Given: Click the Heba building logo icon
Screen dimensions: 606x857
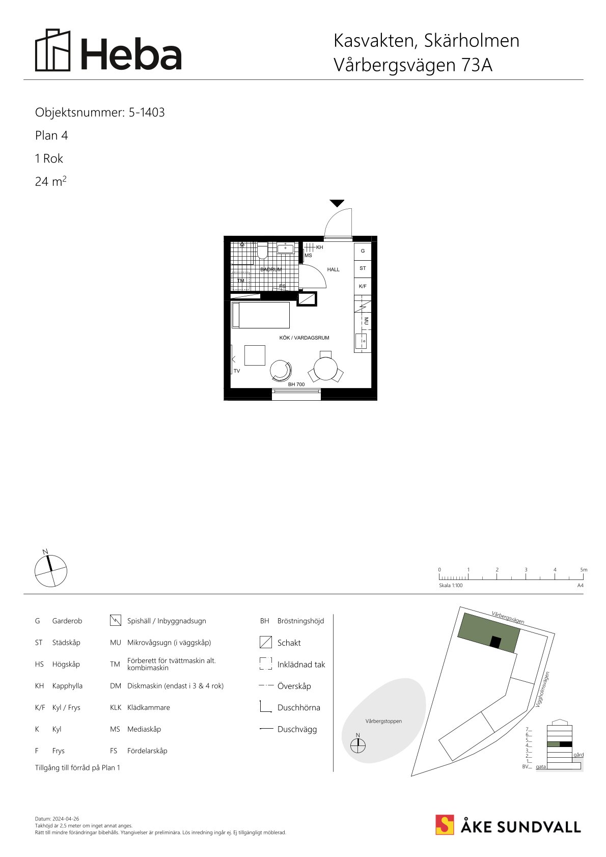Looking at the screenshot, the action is [x=53, y=50].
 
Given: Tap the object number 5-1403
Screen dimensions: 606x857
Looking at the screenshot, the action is [x=147, y=112].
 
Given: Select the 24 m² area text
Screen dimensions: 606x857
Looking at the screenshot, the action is [x=50, y=181].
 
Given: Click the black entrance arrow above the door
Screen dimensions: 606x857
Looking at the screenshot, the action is [x=337, y=203].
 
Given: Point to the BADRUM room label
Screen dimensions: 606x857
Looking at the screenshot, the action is [x=271, y=269].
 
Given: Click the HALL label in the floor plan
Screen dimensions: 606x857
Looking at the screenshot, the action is [x=333, y=269].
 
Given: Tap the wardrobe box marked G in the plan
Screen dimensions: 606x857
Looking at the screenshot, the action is [x=363, y=251].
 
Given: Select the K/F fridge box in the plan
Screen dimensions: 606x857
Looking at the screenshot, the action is [x=363, y=286].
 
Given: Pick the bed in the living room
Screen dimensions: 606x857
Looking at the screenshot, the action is [x=261, y=315].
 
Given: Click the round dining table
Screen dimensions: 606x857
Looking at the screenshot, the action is [x=325, y=369].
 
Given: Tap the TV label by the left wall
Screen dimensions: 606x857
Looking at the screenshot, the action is [x=237, y=371].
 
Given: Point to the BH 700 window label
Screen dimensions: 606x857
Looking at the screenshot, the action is [x=296, y=384].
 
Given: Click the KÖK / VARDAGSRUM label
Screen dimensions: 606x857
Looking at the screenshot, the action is [x=304, y=338].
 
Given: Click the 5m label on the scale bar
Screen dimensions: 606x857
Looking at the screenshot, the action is [x=584, y=570].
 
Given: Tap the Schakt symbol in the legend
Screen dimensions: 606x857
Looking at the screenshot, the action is [x=265, y=642].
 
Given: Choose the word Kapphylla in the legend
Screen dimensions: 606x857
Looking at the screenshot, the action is [x=67, y=686].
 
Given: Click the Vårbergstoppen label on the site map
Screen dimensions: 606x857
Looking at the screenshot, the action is [x=384, y=721].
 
